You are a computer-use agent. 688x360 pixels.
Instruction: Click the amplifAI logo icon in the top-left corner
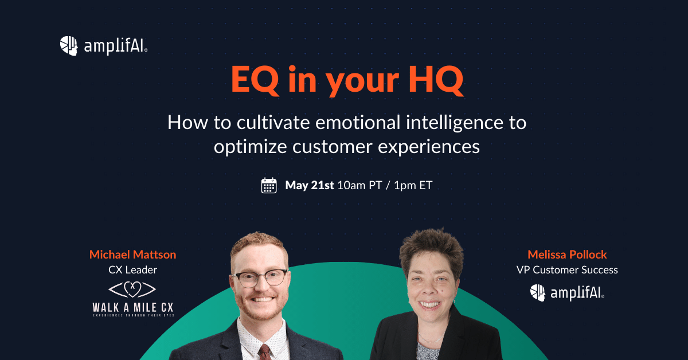click(69, 46)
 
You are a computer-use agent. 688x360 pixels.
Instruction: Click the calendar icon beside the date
click(269, 186)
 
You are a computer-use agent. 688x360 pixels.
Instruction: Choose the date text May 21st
click(310, 186)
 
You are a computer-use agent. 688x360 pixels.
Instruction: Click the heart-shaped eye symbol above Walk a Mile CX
click(132, 288)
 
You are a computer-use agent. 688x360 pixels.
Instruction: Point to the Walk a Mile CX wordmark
click(132, 307)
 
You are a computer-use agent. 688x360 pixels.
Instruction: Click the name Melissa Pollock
click(567, 254)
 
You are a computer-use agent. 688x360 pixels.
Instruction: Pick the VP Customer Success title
click(567, 269)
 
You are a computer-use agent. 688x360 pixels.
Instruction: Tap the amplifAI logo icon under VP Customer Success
click(537, 292)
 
